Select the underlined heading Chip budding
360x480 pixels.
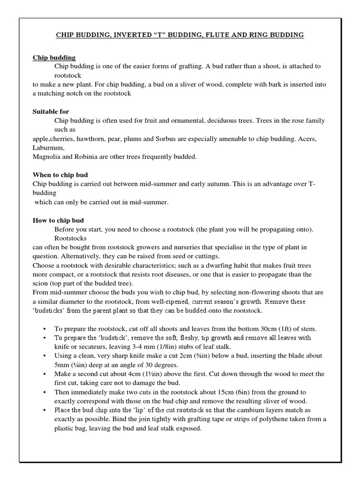point(54,58)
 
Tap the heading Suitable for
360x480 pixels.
point(51,112)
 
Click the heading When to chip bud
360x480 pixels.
point(60,174)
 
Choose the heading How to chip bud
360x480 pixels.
point(58,220)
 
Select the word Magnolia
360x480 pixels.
point(47,157)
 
